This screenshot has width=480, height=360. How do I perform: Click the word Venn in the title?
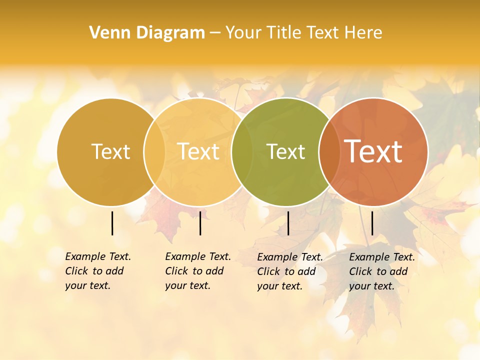tap(107, 33)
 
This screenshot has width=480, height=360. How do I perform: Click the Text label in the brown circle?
tap(110, 151)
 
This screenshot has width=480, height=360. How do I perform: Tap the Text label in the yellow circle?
tap(198, 151)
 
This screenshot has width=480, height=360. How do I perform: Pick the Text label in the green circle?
tap(285, 151)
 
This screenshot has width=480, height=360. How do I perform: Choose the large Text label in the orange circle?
tap(373, 151)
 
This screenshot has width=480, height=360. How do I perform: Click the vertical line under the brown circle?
tap(112, 223)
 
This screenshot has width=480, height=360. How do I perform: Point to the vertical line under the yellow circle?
tap(200, 223)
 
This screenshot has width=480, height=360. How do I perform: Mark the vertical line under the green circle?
tap(288, 223)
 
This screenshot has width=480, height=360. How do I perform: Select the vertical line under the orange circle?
tap(372, 223)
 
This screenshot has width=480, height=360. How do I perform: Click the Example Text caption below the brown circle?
tap(97, 271)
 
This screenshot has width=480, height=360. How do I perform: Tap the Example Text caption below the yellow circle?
tap(197, 271)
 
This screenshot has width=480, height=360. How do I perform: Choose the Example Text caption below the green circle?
tap(289, 271)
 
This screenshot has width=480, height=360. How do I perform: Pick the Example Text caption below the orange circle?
tap(381, 271)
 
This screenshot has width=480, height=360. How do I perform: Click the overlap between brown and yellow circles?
tap(154, 151)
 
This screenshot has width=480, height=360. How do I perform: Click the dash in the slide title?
tap(215, 33)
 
